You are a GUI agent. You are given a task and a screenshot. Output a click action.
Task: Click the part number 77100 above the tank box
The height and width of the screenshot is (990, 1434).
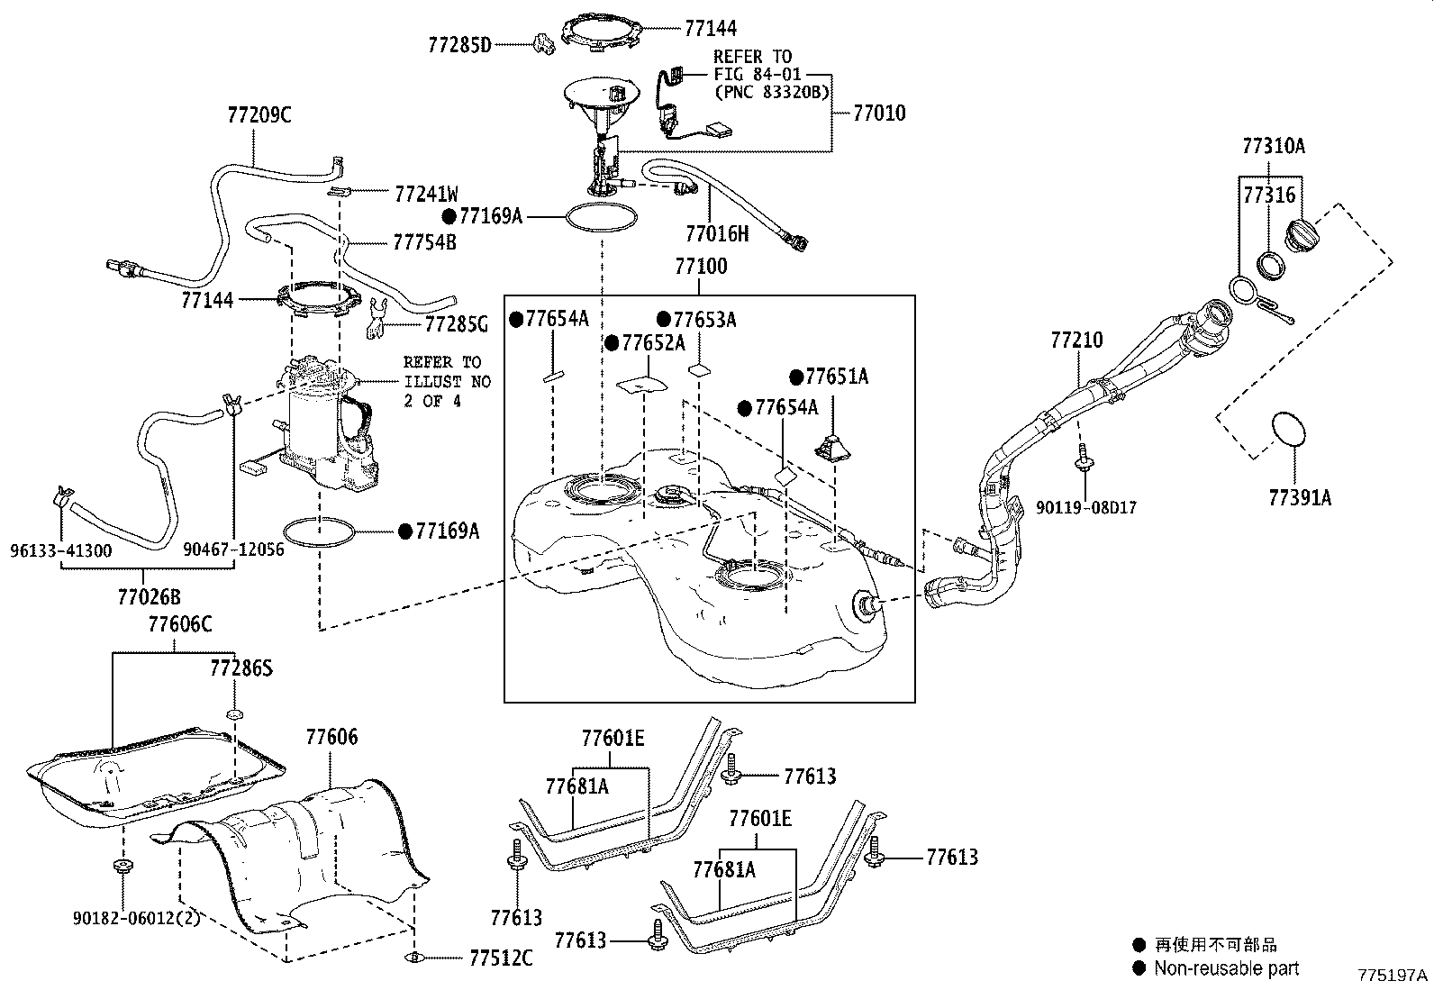tap(701, 267)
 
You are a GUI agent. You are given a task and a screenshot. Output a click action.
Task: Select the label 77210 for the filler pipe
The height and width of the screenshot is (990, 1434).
tap(1076, 340)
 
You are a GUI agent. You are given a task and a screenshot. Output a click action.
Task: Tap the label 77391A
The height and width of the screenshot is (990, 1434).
tap(1299, 496)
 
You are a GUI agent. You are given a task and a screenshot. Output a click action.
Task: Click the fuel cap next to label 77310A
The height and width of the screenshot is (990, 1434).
tap(1300, 236)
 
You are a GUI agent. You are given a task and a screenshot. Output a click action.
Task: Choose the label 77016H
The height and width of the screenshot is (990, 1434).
tap(717, 234)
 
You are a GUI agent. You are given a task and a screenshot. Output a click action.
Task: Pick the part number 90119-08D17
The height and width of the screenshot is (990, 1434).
tap(1085, 508)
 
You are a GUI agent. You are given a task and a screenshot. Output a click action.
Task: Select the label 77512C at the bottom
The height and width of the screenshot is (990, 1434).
tap(501, 958)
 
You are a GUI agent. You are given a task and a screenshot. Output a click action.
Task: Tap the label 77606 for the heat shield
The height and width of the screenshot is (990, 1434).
tap(331, 738)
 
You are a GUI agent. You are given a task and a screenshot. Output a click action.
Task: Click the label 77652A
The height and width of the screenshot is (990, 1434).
tap(652, 343)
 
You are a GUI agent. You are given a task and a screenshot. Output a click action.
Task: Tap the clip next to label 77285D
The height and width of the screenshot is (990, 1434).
tap(541, 42)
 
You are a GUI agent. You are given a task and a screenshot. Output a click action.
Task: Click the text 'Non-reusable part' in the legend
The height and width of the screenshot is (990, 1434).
tap(1226, 968)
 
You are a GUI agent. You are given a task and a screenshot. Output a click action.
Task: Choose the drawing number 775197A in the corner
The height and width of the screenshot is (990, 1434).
tap(1393, 976)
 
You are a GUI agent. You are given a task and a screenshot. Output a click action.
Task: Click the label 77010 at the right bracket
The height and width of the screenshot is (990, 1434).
tap(878, 114)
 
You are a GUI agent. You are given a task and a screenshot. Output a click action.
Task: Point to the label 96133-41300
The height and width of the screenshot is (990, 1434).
tap(61, 549)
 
